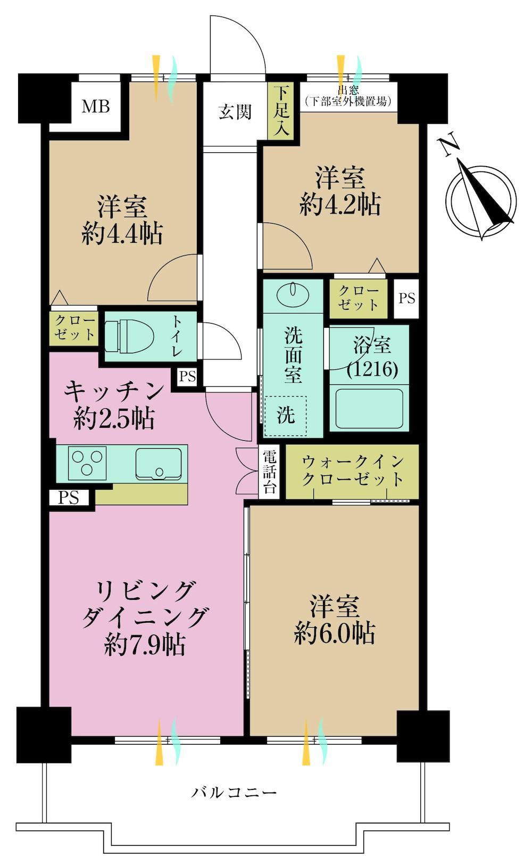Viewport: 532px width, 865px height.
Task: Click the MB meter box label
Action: point(96,106)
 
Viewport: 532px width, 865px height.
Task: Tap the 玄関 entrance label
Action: point(235,112)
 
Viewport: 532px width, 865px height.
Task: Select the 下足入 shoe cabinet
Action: point(281,111)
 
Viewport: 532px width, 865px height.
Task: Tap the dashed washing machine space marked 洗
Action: point(286,416)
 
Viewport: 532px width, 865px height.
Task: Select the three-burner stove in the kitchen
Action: point(87,463)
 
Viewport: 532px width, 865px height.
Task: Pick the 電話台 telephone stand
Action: point(270,472)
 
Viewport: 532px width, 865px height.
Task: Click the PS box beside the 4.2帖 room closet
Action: point(406,299)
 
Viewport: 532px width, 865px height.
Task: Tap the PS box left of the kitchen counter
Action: point(69,497)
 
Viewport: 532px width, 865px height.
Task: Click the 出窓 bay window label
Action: point(348,90)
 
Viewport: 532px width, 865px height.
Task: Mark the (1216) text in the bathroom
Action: point(372,369)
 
